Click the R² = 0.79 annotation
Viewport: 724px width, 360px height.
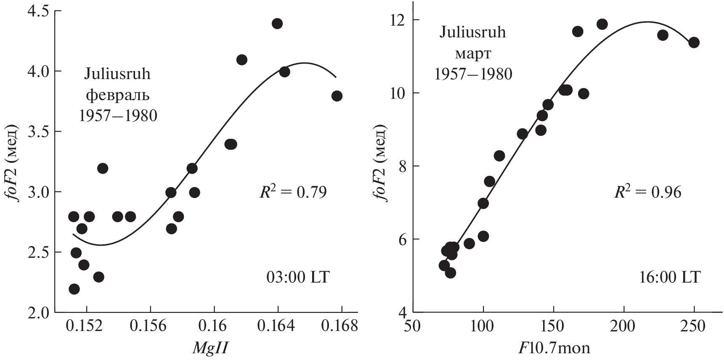pos(292,192)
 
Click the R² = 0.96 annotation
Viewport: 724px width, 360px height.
pos(647,192)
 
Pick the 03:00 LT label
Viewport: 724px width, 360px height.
pos(298,278)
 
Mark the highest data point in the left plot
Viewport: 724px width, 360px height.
pos(277,24)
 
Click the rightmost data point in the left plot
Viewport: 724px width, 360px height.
pos(337,96)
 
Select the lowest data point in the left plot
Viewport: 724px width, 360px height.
pos(74,289)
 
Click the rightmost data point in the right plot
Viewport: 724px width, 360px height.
pos(694,42)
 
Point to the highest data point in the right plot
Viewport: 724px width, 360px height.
pos(602,24)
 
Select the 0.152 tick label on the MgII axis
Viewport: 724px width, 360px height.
pos(87,326)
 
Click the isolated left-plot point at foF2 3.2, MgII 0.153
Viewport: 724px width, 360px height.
pos(103,168)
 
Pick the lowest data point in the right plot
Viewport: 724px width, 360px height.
pos(450,273)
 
